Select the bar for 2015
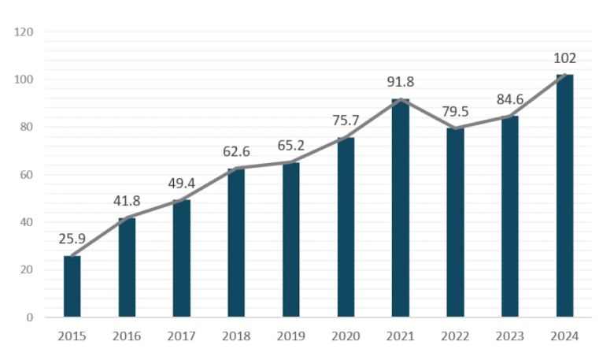pos(72,287)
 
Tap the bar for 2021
pos(401,208)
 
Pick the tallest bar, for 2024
pos(564,196)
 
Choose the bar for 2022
pos(455,223)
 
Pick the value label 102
pos(564,58)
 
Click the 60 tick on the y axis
pos(25,175)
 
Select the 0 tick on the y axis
pos(28,317)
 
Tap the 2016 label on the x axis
pos(126,336)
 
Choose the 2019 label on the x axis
pos(290,336)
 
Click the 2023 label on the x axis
pos(510,336)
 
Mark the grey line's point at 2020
pos(346,138)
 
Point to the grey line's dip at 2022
pos(455,128)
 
